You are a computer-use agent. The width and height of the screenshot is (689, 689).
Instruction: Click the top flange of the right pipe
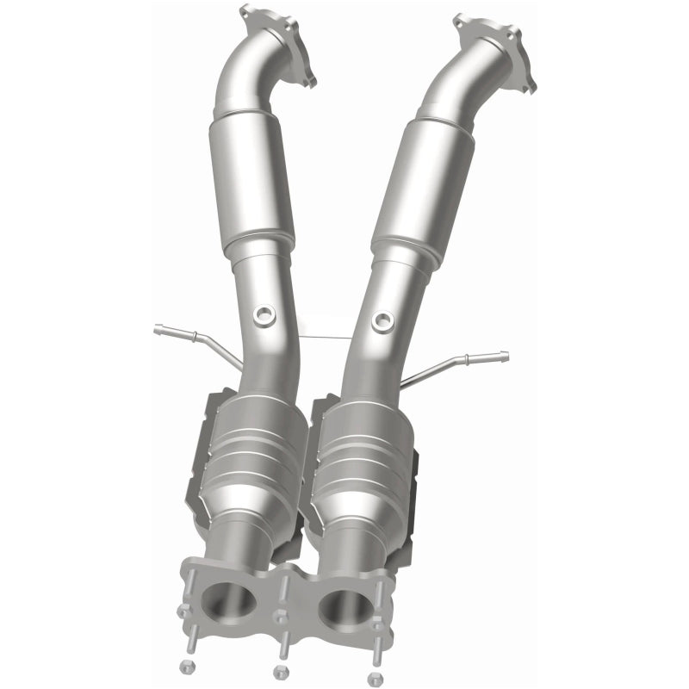point(494,43)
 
